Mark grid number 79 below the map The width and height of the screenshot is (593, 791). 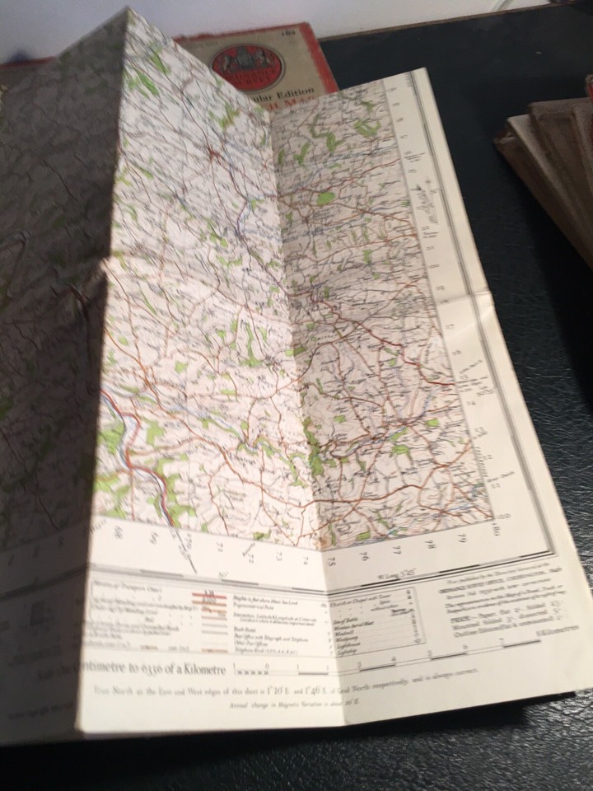(463, 541)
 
